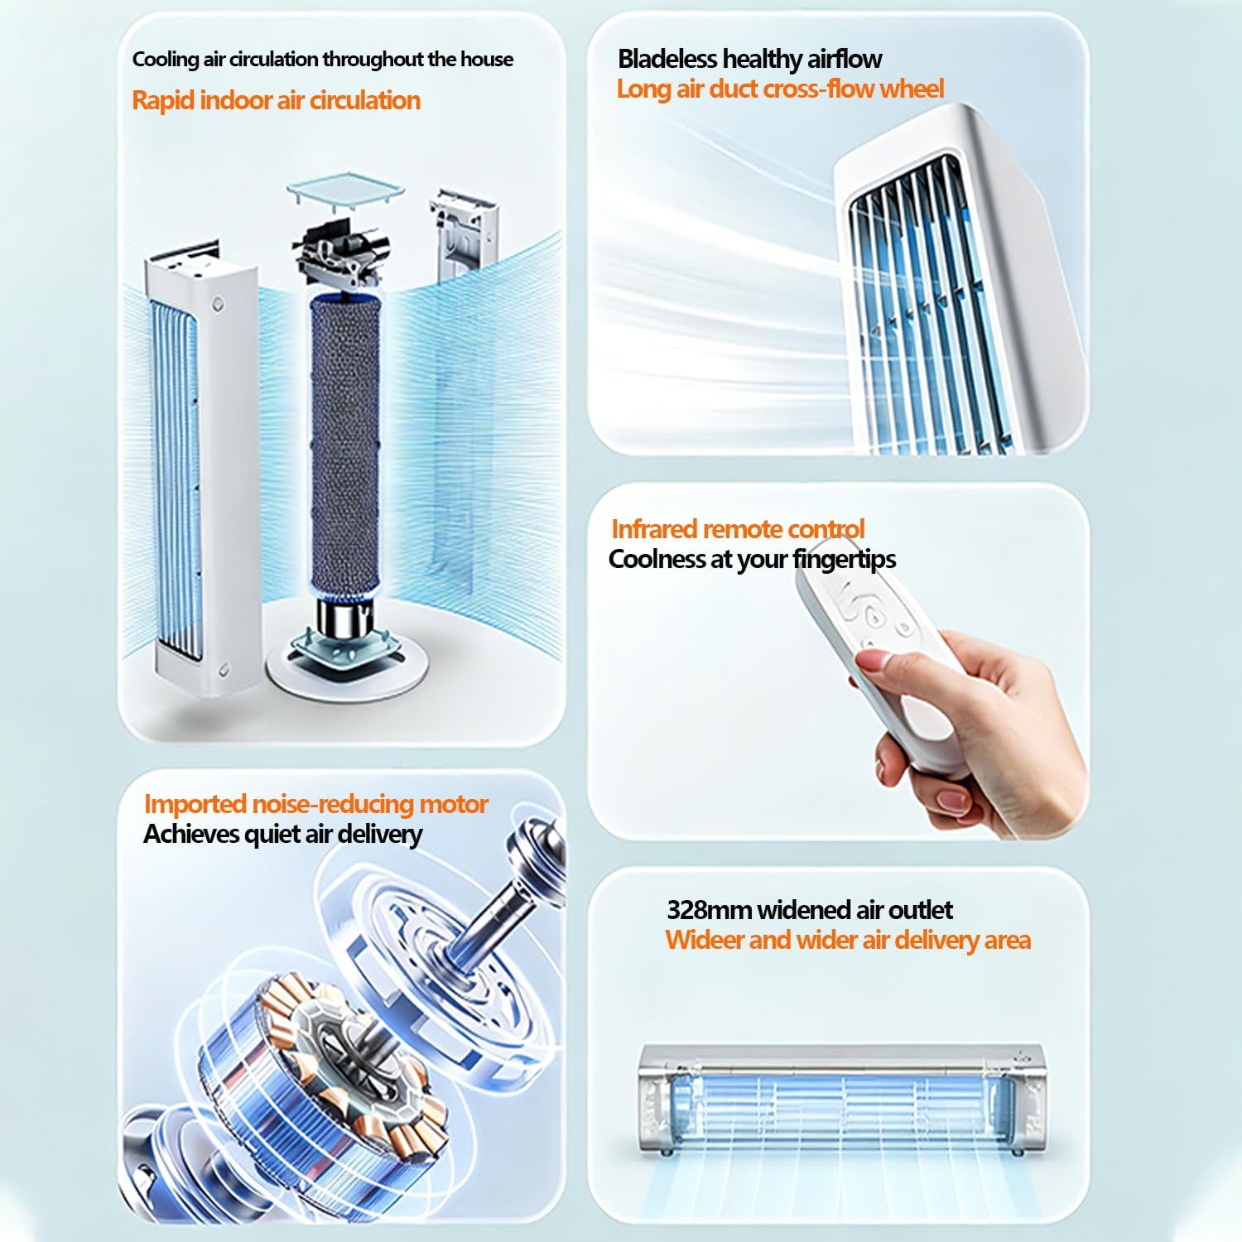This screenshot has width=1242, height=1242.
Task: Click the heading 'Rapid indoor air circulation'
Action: (x=277, y=101)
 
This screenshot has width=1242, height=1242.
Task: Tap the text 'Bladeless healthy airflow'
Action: (x=750, y=59)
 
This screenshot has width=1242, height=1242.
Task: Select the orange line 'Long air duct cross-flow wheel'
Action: (x=780, y=89)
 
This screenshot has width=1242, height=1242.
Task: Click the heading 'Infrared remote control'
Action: (x=738, y=529)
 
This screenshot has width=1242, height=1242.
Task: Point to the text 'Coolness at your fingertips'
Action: (x=752, y=560)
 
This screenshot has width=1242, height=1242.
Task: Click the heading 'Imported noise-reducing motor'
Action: (x=316, y=804)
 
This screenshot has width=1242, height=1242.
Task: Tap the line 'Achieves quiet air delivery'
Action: (x=283, y=834)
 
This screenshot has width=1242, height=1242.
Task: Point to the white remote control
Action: (x=878, y=654)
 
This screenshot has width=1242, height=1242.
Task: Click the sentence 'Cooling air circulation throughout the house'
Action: (x=323, y=60)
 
